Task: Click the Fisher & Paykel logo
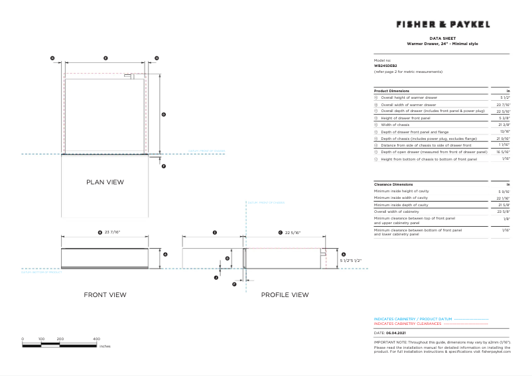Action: point(442,25)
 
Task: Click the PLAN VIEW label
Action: point(105,182)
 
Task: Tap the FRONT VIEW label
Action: point(105,294)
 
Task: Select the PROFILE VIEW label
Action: point(285,294)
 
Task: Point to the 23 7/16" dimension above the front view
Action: point(114,233)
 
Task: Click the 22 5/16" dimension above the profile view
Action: point(292,233)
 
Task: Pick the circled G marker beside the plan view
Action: point(163,115)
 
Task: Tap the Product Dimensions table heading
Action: point(391,90)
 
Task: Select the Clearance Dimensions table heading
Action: point(393,184)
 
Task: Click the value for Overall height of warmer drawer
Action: point(505,97)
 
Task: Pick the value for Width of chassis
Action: point(505,125)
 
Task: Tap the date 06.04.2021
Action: point(396,333)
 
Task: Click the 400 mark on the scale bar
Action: point(96,339)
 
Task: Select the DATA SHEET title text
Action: point(442,38)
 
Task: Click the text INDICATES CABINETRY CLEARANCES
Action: point(407,324)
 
